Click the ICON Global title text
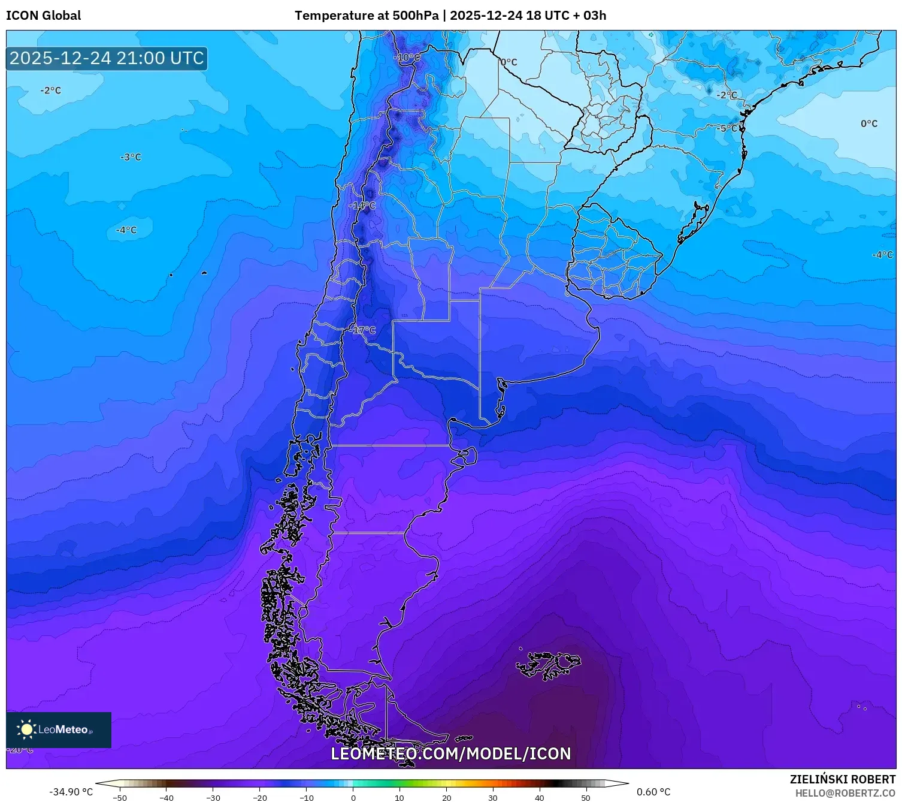[43, 16]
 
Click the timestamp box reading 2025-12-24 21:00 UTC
[107, 58]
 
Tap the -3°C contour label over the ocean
[131, 157]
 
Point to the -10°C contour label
[407, 58]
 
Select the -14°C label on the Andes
[362, 206]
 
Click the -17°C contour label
[362, 330]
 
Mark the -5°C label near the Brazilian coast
[728, 128]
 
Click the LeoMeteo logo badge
[59, 729]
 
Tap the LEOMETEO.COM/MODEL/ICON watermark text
[450, 753]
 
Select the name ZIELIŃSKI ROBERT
[842, 779]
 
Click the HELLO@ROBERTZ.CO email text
[845, 793]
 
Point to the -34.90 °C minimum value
[71, 792]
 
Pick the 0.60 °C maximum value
[653, 792]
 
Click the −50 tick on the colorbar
[120, 798]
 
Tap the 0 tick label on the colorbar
[353, 798]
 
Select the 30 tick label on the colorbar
[493, 798]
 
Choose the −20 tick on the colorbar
[259, 798]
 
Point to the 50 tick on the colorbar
[586, 798]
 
